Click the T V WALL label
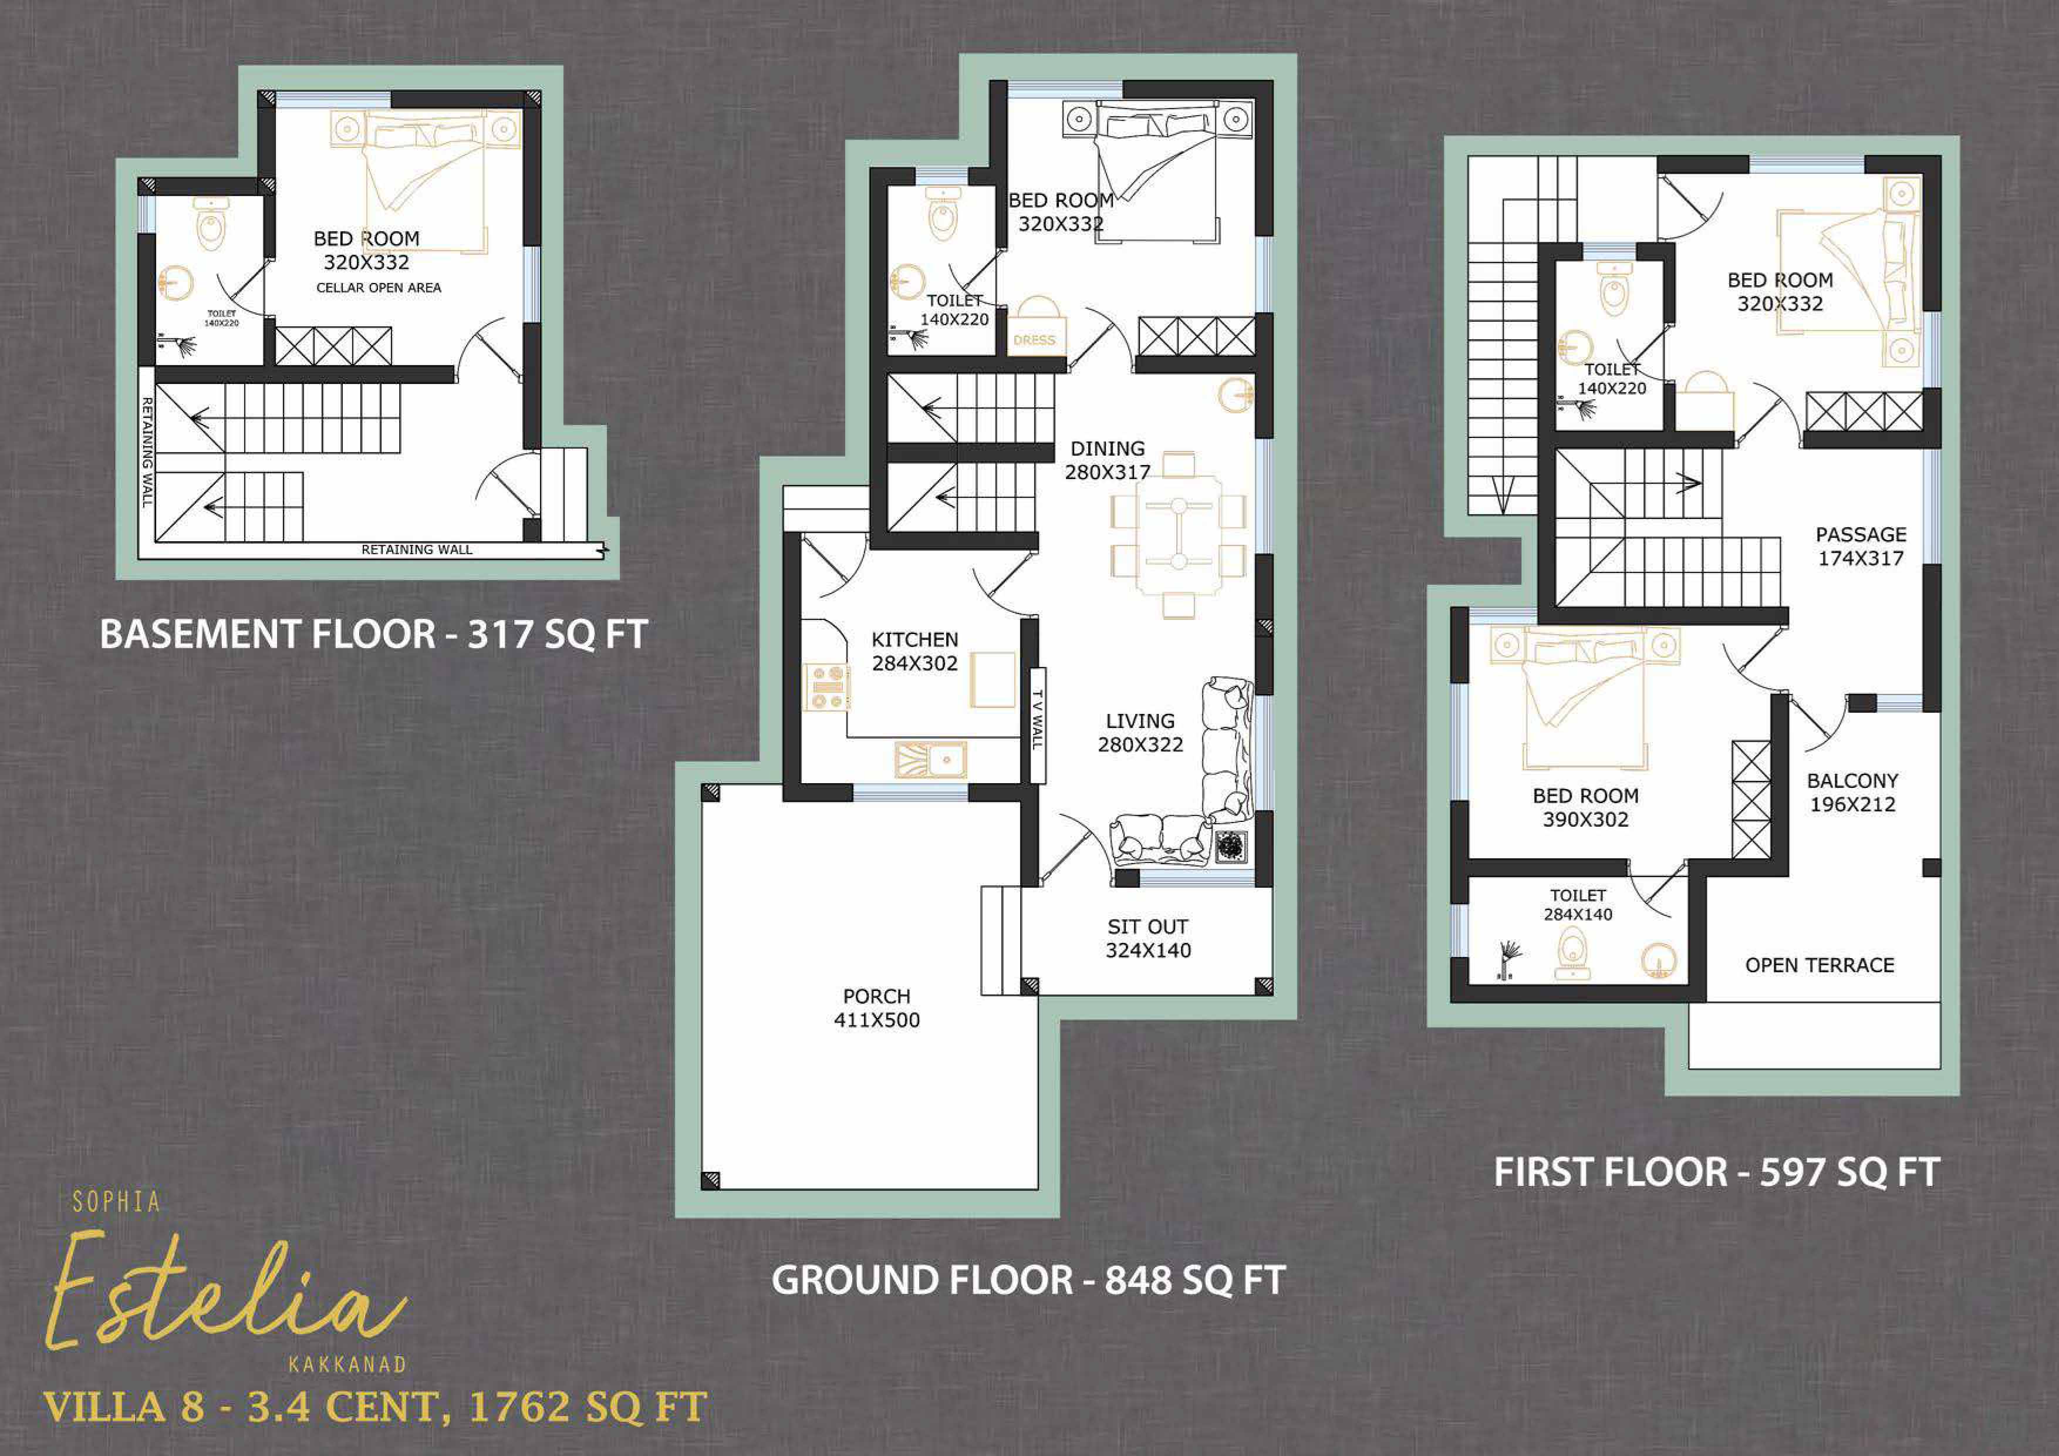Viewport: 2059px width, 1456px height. click(x=1038, y=719)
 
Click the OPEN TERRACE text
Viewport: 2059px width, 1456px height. click(x=1820, y=965)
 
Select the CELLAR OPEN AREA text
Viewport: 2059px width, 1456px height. click(x=379, y=288)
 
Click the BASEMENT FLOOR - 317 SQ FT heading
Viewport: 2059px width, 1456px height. click(x=373, y=634)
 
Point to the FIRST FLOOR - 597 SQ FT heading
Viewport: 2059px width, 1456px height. click(x=1716, y=1172)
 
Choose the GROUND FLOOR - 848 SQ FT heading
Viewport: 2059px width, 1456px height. click(x=1028, y=1280)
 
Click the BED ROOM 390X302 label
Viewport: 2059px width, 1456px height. click(x=1585, y=807)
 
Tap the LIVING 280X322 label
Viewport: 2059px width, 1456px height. click(x=1140, y=733)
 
